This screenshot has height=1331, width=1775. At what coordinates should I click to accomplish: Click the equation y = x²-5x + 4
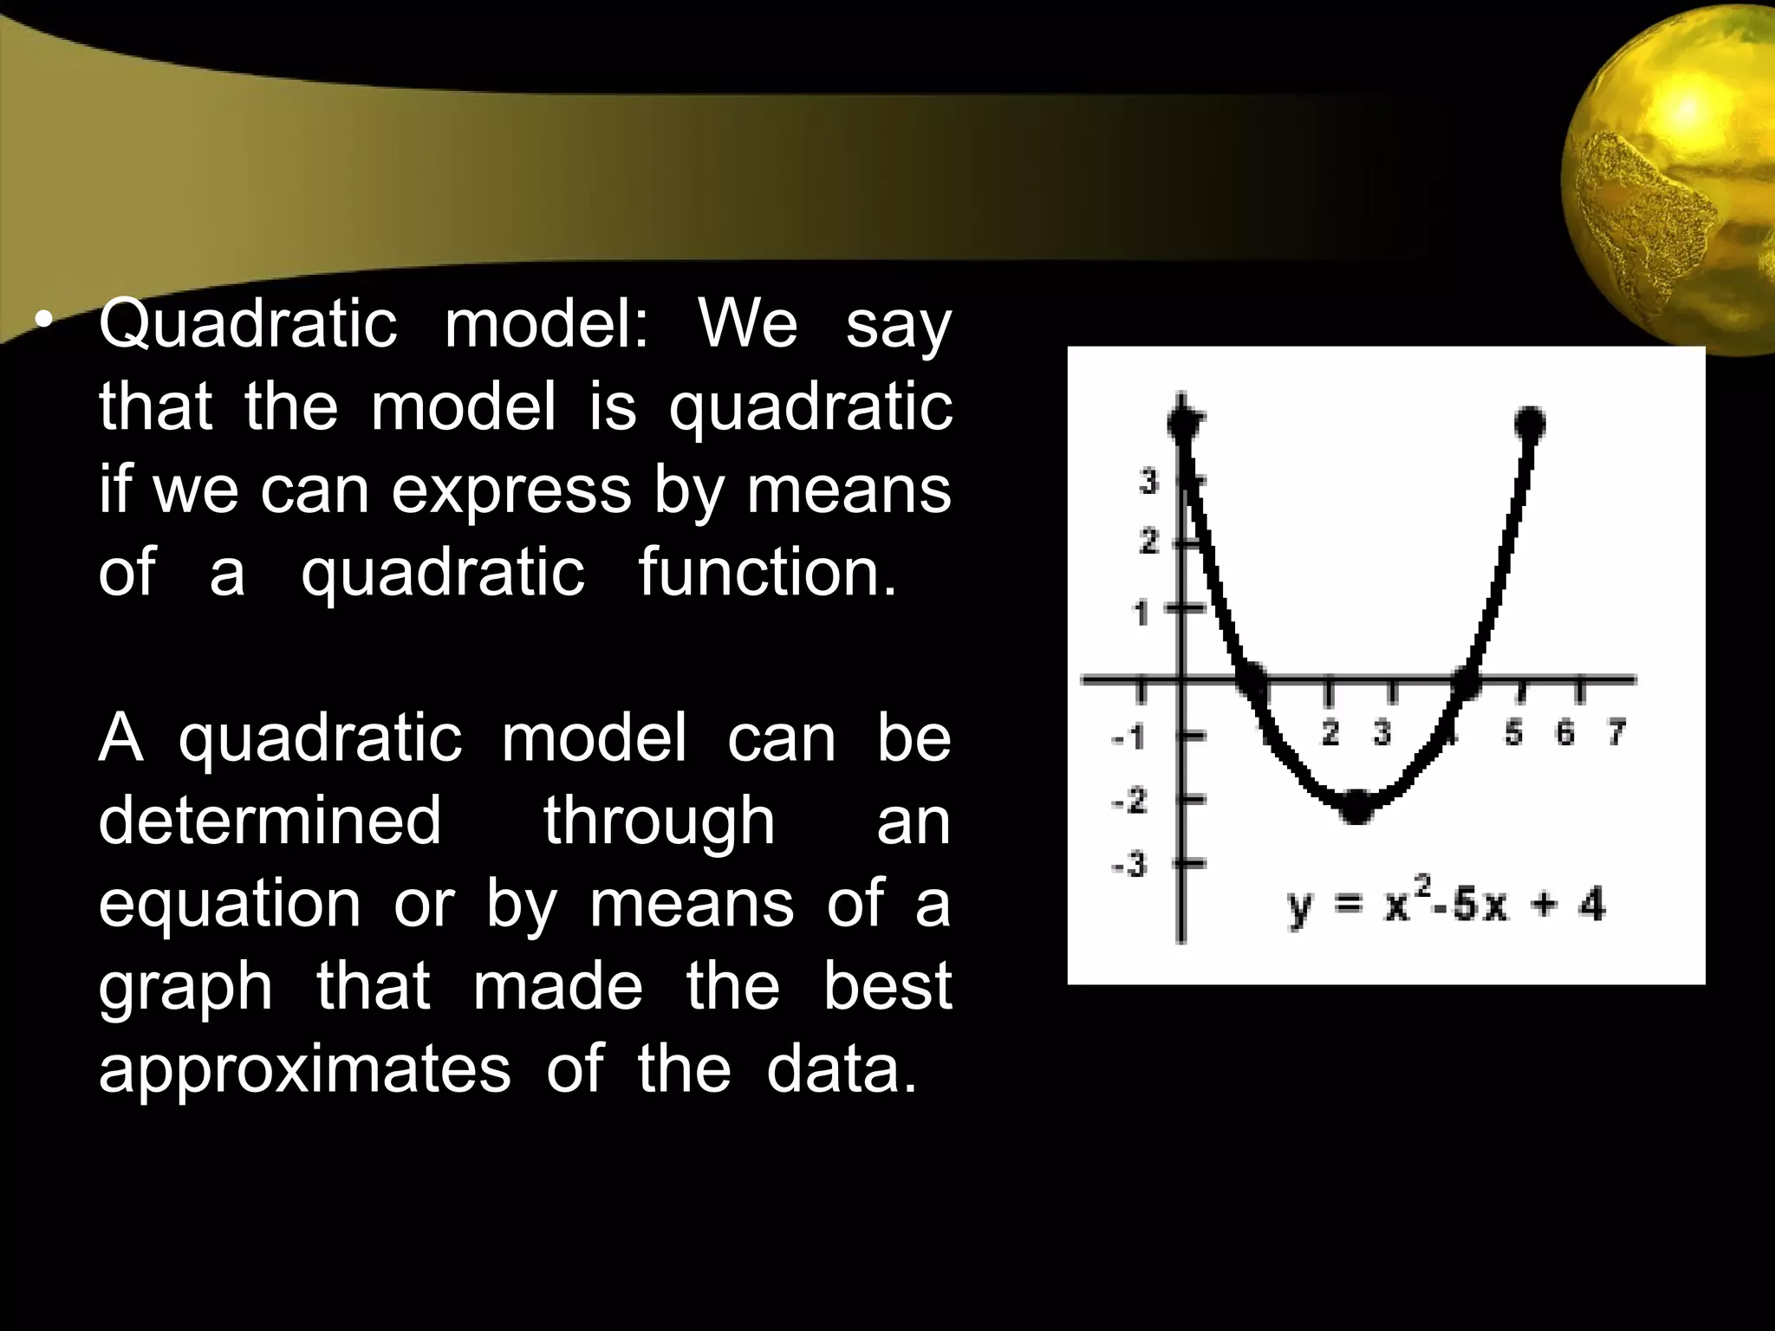click(1446, 906)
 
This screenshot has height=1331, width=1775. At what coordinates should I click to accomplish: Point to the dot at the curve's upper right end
click(1530, 424)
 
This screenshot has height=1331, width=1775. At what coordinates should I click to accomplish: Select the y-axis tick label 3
click(1149, 481)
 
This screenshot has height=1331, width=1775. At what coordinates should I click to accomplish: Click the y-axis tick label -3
click(1129, 865)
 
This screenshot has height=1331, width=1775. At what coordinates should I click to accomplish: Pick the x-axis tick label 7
click(1616, 733)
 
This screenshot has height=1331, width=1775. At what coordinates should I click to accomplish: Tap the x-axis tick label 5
click(1513, 733)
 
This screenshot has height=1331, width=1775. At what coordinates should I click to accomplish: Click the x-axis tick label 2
click(1330, 733)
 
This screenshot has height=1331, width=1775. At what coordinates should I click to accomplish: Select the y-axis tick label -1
click(1129, 738)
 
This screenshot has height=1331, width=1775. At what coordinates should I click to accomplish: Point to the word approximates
click(304, 1068)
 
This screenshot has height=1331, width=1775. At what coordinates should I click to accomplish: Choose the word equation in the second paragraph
click(229, 903)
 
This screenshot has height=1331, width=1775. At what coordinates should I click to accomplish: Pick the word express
click(511, 490)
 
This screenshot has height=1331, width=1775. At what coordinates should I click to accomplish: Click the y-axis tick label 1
click(1142, 614)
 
